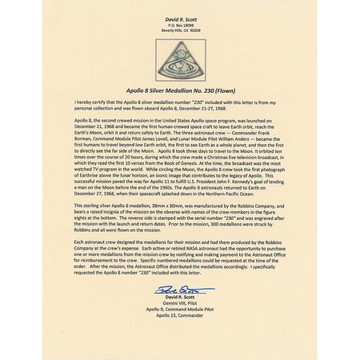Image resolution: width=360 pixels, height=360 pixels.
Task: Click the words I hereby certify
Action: (89, 103)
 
